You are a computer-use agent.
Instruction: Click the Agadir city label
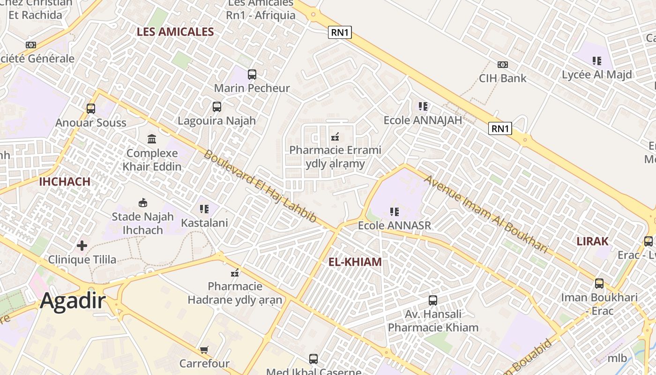pos(73,300)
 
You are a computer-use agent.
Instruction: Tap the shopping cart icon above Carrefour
pos(204,350)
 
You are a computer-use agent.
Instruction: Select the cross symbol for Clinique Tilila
pos(82,245)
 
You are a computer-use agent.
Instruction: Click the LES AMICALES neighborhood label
pos(175,32)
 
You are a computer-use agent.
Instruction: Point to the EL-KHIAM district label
pos(355,262)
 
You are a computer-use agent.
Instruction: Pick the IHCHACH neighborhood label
pos(65,182)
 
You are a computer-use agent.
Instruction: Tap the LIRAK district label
pos(592,241)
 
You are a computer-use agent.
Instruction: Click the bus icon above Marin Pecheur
pos(252,74)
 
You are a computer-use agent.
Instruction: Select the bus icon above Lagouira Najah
pos(216,106)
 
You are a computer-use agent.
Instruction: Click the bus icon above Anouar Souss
pos(91,109)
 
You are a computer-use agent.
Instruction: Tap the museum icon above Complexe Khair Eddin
pos(152,139)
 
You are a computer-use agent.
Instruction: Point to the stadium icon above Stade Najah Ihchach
pos(143,202)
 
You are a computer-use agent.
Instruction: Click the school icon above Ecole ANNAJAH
pos(423,106)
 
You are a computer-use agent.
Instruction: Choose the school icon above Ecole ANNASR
pos(395,212)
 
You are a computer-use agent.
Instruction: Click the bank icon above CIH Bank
pos(503,64)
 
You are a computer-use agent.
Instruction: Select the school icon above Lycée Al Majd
pos(597,60)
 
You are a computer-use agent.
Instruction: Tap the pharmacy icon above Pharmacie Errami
pos(335,137)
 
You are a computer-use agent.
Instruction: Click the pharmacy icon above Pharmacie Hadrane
pos(235,272)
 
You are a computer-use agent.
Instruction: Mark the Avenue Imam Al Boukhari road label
pos(486,214)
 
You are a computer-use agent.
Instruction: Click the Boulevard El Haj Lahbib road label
pos(260,186)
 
